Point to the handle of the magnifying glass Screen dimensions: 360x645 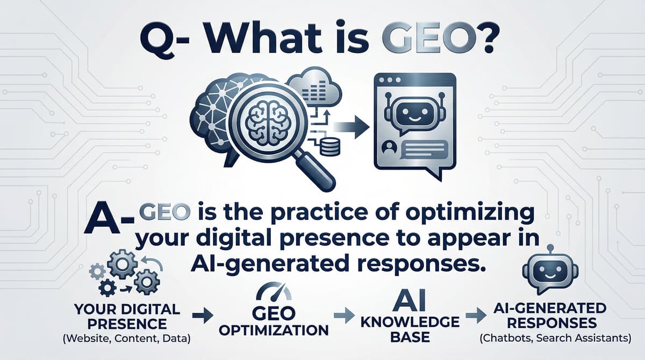tap(317, 173)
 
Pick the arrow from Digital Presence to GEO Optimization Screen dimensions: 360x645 tap(200, 316)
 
